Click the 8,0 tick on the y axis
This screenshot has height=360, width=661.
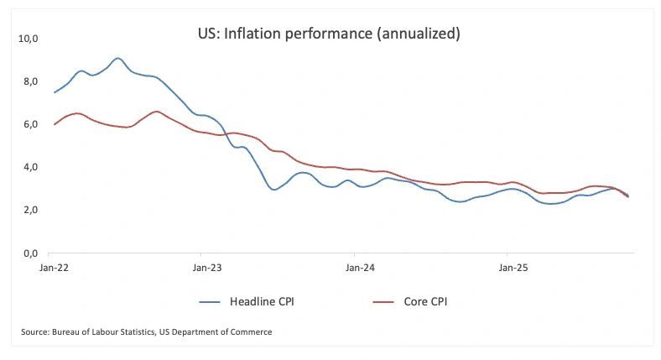click(30, 81)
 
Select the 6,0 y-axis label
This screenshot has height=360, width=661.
click(30, 124)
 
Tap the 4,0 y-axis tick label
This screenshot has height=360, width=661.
click(30, 167)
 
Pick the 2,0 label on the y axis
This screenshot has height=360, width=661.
click(30, 210)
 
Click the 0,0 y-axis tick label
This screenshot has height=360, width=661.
click(30, 253)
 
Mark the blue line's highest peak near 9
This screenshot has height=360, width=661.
click(118, 58)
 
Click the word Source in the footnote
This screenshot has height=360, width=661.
click(36, 332)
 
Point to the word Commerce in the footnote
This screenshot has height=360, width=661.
click(251, 332)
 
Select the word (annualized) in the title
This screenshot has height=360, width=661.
click(419, 34)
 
